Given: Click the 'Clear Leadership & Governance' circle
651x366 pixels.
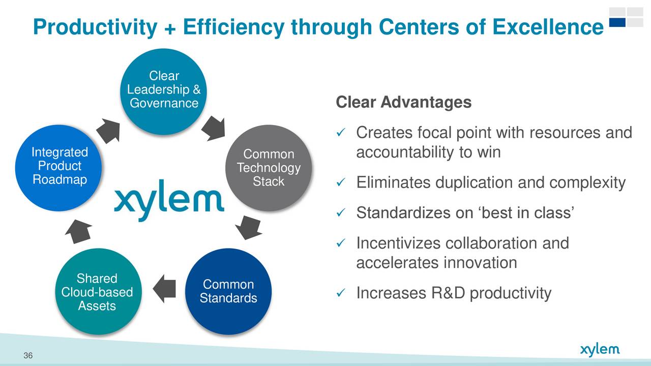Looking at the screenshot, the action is tap(163, 91).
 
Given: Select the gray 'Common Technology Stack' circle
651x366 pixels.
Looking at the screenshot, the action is tap(269, 168).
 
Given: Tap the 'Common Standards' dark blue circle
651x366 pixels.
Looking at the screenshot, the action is tap(228, 291).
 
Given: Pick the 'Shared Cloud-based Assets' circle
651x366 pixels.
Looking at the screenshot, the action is tap(99, 291).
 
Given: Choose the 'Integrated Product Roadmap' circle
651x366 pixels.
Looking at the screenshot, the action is tap(58, 168).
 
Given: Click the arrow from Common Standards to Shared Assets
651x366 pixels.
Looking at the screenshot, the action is tap(164, 289).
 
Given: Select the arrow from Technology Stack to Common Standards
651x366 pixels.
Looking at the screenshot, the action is tap(249, 227).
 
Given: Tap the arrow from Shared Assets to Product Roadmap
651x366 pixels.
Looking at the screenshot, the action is tap(78, 231).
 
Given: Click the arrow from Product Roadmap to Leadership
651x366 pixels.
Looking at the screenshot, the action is tap(108, 131).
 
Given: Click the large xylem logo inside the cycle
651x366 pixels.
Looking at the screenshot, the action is tap(169, 200).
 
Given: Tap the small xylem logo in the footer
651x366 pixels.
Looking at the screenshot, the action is tap(600, 350).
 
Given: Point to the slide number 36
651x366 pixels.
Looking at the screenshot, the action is tap(28, 355).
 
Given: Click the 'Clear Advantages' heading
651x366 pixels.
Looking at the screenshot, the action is tap(404, 102).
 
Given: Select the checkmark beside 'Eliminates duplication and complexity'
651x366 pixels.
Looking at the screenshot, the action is tap(341, 182).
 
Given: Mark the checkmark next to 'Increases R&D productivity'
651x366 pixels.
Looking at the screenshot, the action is tap(341, 292).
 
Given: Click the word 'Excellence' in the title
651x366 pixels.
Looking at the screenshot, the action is tap(548, 27).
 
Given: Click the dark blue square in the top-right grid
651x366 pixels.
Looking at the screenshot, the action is tap(617, 22).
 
